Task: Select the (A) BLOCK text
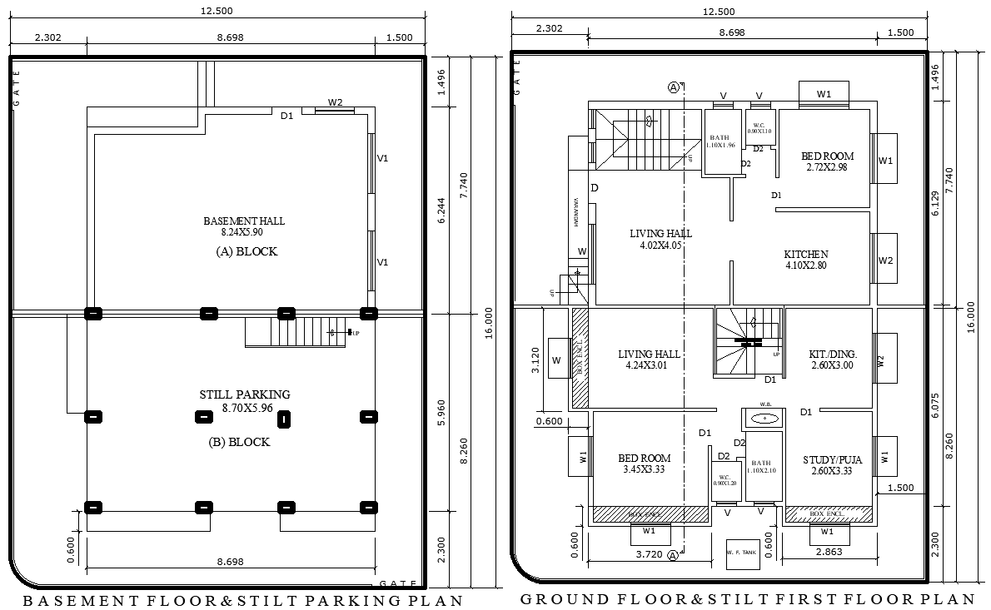246,251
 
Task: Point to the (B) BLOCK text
239,442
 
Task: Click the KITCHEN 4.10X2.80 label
805,260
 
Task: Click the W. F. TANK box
743,553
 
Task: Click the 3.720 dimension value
649,553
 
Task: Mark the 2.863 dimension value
829,552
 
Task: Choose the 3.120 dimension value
536,360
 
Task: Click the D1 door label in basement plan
286,117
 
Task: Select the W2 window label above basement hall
335,102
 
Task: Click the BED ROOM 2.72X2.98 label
827,161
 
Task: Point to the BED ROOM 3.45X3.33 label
644,464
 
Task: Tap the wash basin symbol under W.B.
764,418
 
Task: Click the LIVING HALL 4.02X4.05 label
660,240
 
